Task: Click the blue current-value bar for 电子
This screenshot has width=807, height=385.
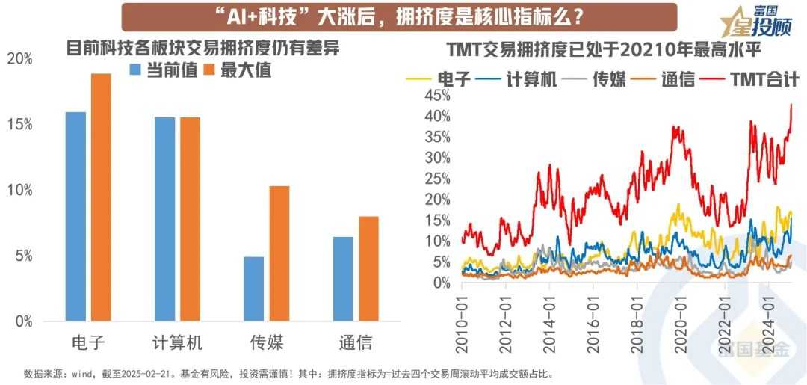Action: [75, 217]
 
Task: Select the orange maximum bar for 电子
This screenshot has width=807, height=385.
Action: [100, 197]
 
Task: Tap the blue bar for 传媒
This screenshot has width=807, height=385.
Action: [253, 289]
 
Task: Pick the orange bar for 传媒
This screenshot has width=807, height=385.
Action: [279, 253]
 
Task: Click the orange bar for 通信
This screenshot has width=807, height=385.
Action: [368, 269]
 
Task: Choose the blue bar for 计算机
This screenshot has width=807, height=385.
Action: [164, 219]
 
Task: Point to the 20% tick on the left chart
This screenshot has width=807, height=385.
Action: [19, 59]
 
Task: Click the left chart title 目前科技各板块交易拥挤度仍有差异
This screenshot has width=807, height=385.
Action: [202, 48]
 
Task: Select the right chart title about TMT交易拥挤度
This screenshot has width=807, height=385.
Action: [613, 50]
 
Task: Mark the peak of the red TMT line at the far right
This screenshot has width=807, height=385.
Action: [791, 105]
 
